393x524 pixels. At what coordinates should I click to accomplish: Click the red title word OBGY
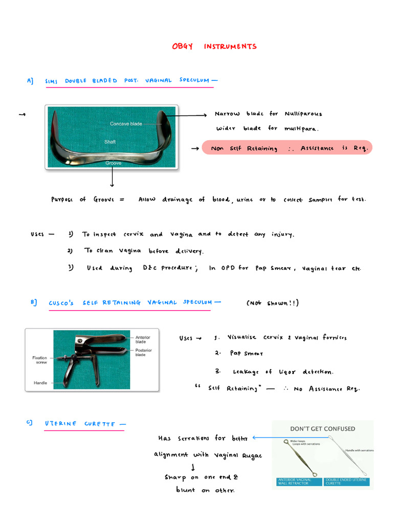182,47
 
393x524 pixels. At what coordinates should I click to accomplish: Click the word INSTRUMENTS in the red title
230,47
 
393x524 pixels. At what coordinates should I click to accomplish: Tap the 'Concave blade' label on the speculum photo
126,124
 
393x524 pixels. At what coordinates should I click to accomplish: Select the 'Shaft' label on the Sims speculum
110,142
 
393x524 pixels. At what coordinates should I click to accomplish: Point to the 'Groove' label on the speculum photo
113,163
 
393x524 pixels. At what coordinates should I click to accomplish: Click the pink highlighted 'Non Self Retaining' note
287,148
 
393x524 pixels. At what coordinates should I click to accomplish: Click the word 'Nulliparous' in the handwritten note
303,114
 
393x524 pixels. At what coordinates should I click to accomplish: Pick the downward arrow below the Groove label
112,177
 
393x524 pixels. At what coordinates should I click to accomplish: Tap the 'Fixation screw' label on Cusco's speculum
40,360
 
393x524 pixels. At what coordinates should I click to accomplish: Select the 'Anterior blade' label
143,340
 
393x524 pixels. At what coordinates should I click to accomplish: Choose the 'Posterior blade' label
143,352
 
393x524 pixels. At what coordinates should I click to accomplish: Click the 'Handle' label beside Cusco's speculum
40,383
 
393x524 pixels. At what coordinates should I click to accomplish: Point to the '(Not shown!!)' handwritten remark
273,303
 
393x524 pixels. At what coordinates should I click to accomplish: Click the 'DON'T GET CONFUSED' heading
322,429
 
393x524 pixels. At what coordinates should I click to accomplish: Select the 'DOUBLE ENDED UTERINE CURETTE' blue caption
346,482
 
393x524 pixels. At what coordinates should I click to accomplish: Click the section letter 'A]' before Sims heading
30,81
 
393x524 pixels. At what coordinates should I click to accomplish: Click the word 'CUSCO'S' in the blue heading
61,303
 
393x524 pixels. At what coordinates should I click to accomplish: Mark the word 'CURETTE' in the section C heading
100,424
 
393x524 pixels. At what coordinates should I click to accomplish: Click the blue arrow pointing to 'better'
291,438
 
